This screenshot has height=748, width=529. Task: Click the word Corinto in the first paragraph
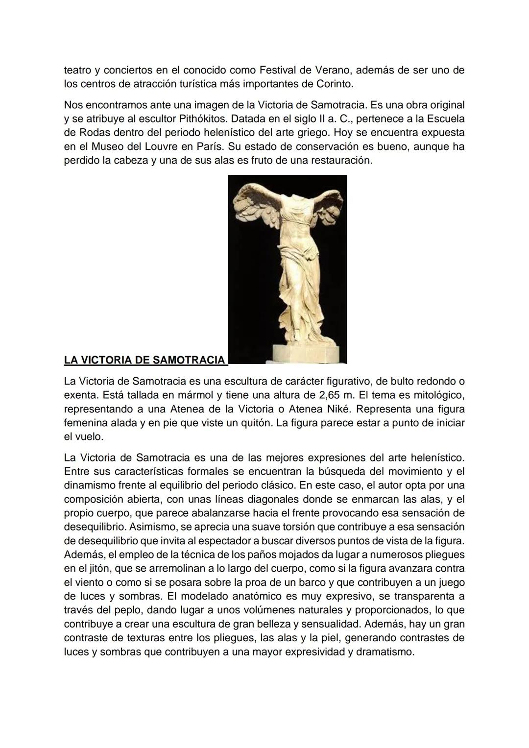point(334,84)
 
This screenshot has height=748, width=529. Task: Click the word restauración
point(339,161)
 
